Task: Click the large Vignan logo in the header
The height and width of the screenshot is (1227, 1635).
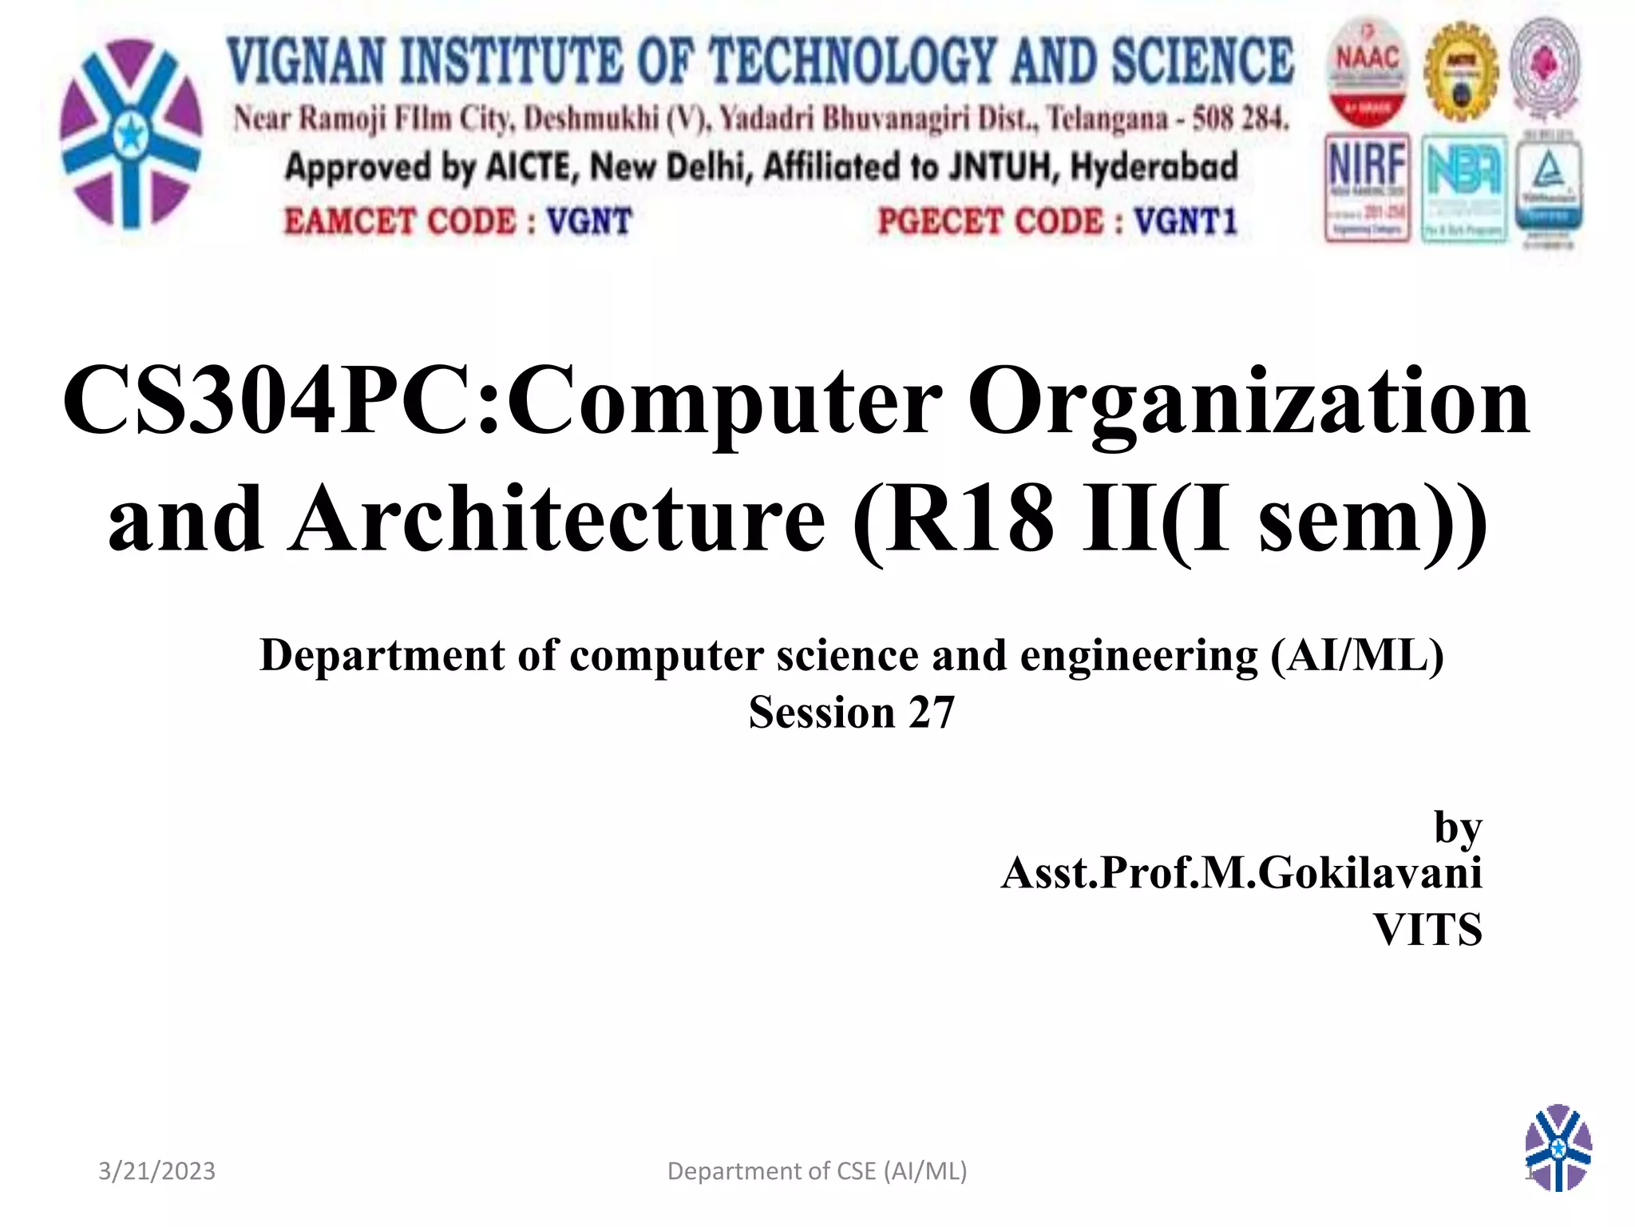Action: coord(131,133)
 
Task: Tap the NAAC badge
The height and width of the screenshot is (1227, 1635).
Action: coord(1368,72)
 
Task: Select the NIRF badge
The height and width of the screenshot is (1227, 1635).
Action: coord(1367,188)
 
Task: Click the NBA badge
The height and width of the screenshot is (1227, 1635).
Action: coord(1463,189)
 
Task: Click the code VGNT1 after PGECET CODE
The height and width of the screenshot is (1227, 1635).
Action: coord(1186,221)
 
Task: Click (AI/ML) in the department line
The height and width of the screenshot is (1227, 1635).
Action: coord(1357,656)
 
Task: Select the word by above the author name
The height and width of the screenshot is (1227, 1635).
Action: coord(1458,828)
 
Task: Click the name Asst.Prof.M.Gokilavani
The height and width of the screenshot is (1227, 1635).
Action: coord(1241,872)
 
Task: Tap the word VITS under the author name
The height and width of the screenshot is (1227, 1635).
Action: coord(1427,930)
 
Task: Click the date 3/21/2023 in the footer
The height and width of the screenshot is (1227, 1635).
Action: coord(156,1171)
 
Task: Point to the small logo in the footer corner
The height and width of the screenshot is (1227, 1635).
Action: coord(1558,1147)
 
